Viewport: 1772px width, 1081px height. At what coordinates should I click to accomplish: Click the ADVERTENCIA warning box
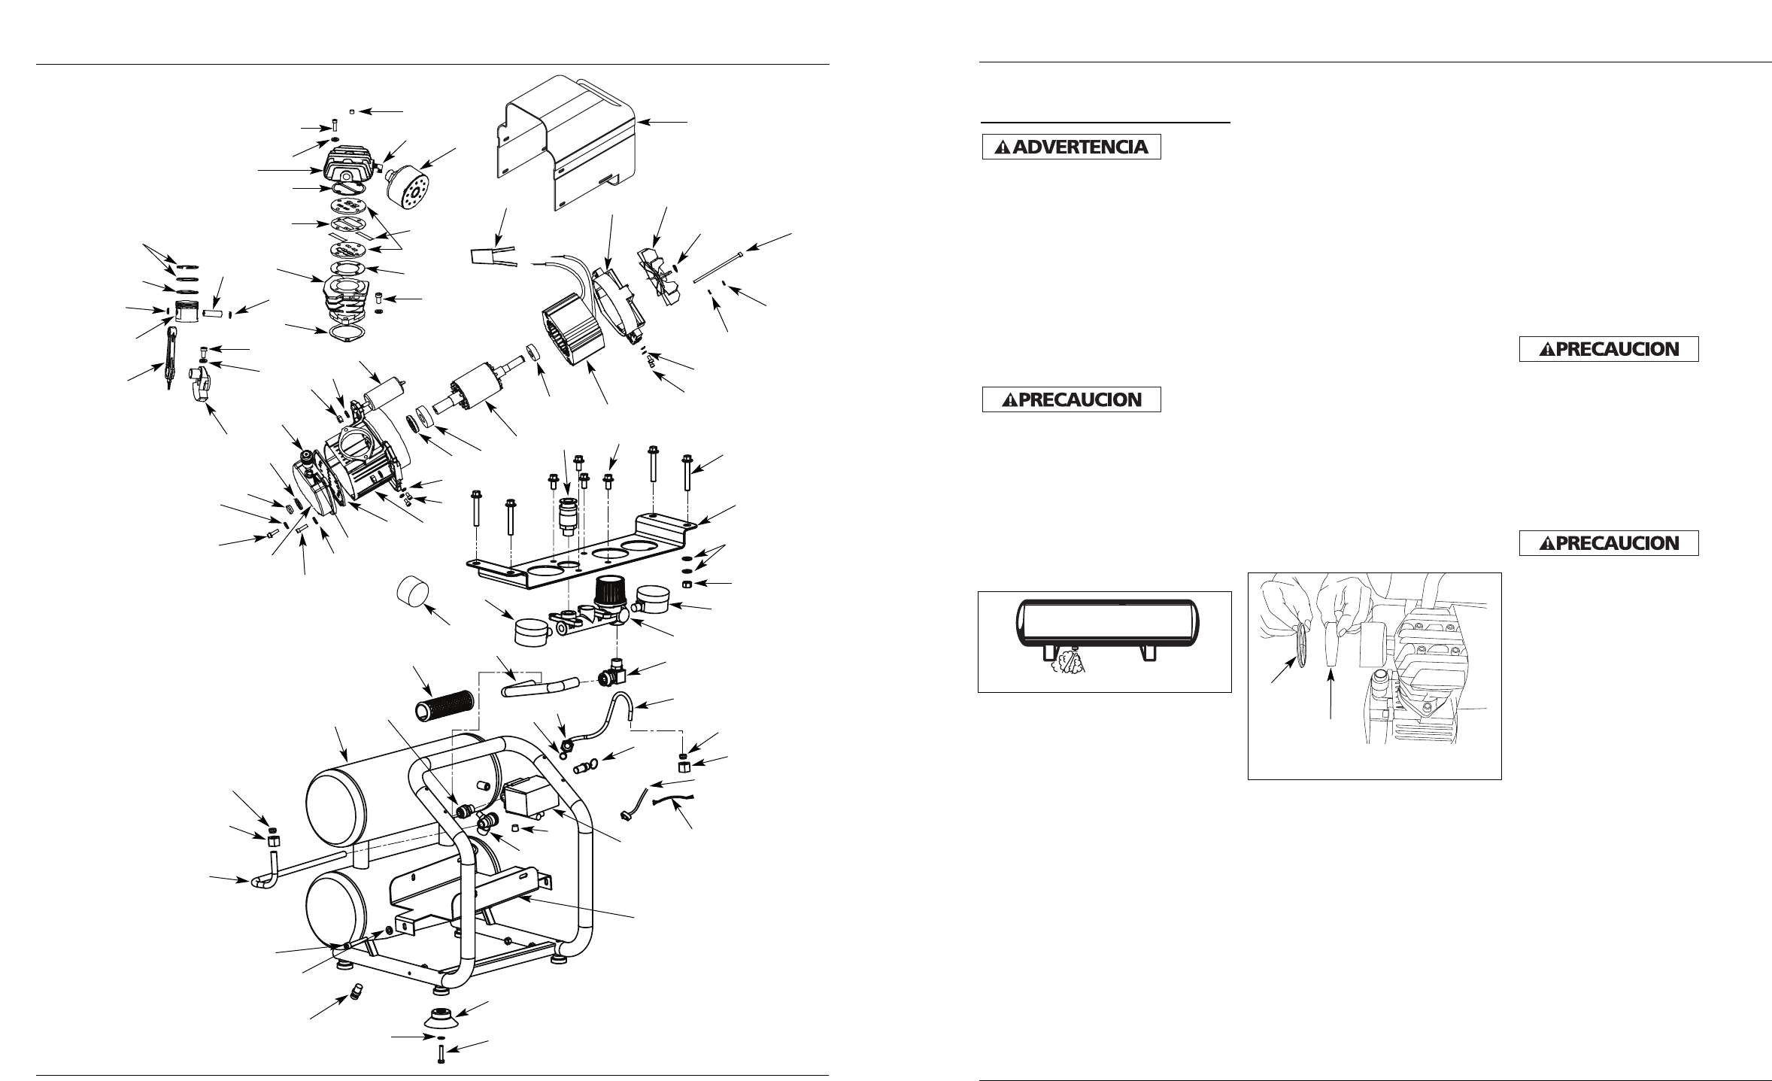click(1072, 146)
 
